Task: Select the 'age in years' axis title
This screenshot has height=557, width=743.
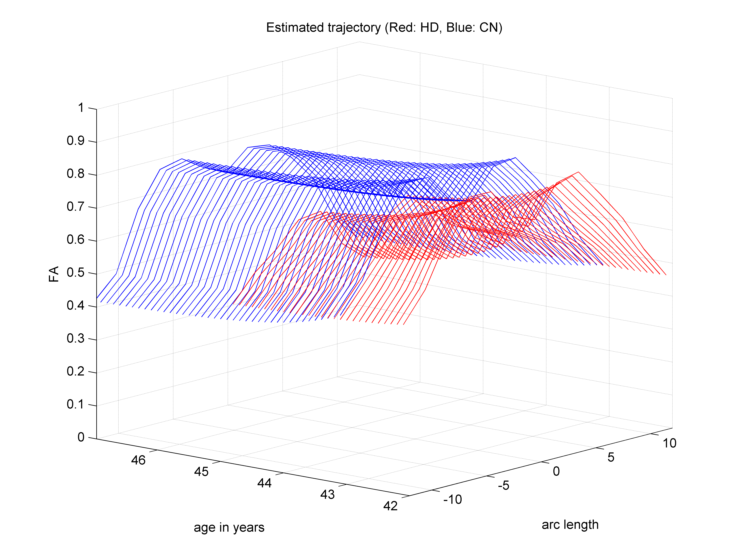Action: pyautogui.click(x=229, y=527)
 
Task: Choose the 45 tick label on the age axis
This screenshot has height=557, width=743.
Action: pyautogui.click(x=201, y=472)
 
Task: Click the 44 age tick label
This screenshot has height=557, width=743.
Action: pyautogui.click(x=264, y=483)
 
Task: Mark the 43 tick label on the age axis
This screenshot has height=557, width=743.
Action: pyautogui.click(x=328, y=494)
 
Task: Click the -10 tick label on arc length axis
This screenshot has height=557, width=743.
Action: pyautogui.click(x=452, y=500)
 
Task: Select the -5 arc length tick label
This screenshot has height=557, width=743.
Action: pyautogui.click(x=504, y=486)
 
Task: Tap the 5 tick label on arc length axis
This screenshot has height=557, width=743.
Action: pyautogui.click(x=611, y=457)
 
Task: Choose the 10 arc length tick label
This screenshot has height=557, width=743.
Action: pyautogui.click(x=669, y=443)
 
